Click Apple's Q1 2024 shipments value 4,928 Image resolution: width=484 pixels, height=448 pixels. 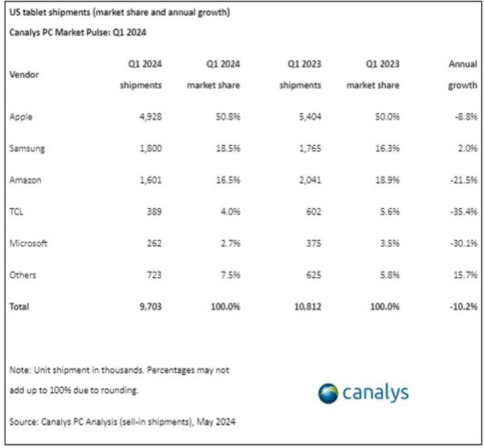[x=151, y=117]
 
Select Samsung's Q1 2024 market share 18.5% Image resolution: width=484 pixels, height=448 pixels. [x=228, y=149]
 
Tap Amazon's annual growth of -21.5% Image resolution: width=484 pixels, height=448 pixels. [x=464, y=180]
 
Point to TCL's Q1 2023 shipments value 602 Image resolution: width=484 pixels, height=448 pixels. [x=313, y=212]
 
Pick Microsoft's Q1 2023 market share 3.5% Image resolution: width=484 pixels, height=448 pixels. [x=389, y=243]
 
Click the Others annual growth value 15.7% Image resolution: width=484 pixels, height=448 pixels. [x=465, y=275]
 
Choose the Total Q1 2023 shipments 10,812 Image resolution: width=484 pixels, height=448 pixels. [x=307, y=306]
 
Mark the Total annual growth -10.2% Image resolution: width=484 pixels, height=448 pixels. [x=464, y=306]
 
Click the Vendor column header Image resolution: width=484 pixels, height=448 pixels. [x=24, y=74]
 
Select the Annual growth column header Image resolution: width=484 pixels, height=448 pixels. [x=463, y=74]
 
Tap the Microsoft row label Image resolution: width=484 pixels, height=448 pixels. [x=29, y=243]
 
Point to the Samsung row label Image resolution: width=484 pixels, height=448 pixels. [x=27, y=149]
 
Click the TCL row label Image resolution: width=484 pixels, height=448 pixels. [x=16, y=212]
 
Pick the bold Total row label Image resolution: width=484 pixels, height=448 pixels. [x=19, y=306]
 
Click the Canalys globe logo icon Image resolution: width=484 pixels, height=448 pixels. [x=328, y=394]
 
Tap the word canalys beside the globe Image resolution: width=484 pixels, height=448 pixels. [x=376, y=394]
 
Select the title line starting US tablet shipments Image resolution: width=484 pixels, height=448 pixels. [x=120, y=12]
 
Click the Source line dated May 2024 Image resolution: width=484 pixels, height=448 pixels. [x=122, y=422]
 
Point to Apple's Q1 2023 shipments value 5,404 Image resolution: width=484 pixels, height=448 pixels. [x=310, y=117]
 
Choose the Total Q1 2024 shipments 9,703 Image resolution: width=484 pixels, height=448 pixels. [x=151, y=306]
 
